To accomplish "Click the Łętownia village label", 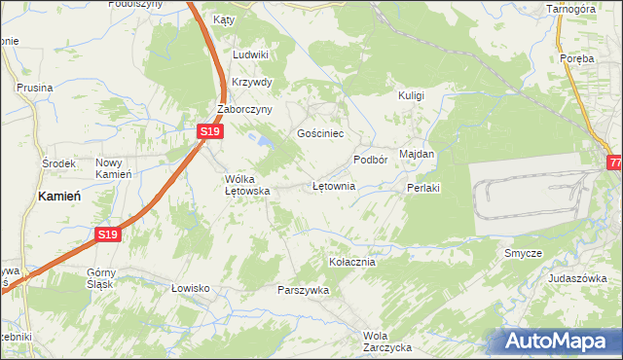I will (x=334, y=185).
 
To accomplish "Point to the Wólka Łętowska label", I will (x=246, y=186).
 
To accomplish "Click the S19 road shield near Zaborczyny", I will (x=209, y=130).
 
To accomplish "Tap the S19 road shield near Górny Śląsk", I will (x=108, y=234).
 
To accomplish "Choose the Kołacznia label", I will (x=352, y=262).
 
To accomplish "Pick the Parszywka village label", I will (x=304, y=290).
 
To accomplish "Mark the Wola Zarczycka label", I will (x=387, y=341).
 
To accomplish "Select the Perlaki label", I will (x=425, y=188).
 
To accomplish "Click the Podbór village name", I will (x=371, y=159).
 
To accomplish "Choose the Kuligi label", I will (x=412, y=95).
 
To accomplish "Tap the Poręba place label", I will (x=577, y=58).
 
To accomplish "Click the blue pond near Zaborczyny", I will (x=261, y=141).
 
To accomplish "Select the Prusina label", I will (x=34, y=88).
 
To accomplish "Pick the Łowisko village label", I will (x=191, y=288).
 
